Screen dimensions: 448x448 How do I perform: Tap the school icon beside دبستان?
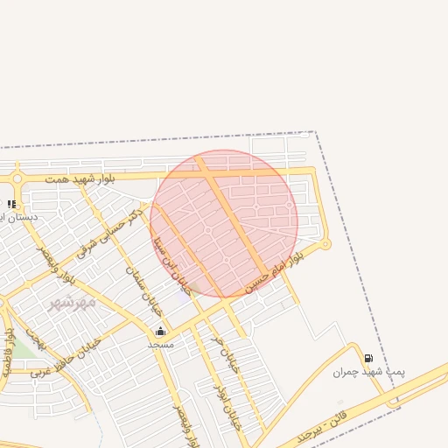[10, 204]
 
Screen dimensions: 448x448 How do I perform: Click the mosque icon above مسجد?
[160, 331]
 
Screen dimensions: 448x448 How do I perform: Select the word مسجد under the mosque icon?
[160, 344]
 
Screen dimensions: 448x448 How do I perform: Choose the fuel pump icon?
[368, 358]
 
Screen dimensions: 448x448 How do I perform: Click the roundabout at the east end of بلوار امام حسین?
[325, 245]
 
